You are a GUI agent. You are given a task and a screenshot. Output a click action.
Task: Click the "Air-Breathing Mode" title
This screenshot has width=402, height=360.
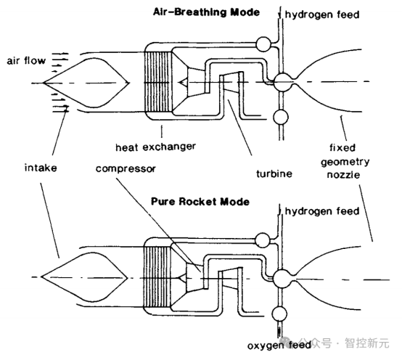pos(206,12)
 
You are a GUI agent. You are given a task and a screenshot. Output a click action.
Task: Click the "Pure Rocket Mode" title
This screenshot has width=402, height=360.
pos(200,201)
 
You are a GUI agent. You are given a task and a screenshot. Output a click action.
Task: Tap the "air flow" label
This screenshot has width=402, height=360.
pos(26,61)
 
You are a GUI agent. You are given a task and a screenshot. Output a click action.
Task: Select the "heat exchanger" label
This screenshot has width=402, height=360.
pos(155,147)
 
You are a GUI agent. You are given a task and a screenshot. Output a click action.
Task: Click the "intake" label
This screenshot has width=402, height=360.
pos(41,168)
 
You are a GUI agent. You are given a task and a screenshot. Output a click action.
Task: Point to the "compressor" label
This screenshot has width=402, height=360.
pos(126,168)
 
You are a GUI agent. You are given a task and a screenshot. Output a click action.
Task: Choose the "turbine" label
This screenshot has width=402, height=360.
pos(274,173)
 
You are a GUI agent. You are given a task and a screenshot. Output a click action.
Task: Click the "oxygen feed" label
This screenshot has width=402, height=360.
pos(279,345)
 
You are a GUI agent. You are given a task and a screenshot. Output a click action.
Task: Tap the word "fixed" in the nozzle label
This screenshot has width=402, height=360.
pos(342,147)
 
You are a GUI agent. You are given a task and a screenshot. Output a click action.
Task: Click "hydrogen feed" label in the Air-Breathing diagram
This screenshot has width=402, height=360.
pos(322,15)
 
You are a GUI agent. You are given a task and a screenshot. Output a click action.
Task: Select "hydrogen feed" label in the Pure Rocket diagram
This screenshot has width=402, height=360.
pos(322,211)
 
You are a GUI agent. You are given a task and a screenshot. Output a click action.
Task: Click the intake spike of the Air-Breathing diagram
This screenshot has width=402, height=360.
pos(86,83)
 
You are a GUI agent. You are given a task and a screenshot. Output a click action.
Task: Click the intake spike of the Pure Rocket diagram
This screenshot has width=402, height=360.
pos(84,277)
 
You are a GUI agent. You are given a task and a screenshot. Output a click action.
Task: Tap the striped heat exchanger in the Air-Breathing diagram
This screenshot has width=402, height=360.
pos(158,82)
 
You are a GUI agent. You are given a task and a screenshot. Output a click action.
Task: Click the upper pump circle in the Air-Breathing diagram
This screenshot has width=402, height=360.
pos(263,44)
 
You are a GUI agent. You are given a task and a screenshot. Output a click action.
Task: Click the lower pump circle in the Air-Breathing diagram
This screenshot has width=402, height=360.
pos(281,118)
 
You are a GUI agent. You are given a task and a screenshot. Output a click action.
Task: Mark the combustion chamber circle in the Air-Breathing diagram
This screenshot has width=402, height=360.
pos(283,82)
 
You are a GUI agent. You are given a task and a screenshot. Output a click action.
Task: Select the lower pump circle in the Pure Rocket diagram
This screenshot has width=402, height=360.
pos(279,314)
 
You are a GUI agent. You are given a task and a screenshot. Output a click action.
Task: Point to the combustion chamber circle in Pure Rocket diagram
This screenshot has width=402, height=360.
pos(282,279)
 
